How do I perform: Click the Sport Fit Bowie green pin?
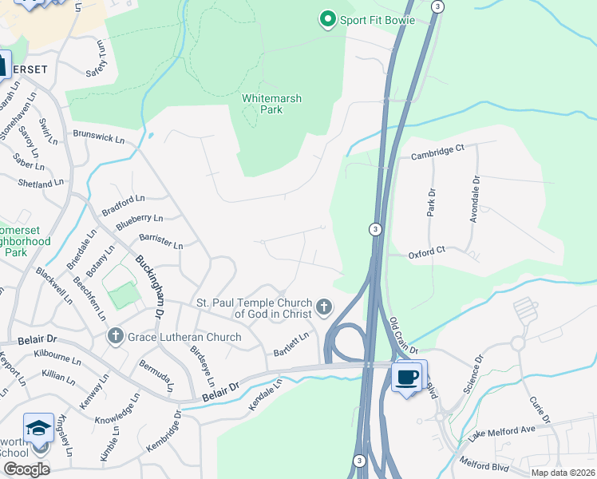(326, 19)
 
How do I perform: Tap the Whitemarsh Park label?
(271, 104)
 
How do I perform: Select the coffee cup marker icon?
(408, 376)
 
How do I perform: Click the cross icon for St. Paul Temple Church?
(323, 306)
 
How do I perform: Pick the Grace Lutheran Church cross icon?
(115, 337)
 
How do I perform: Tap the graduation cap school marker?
(39, 430)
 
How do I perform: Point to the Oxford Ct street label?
(426, 251)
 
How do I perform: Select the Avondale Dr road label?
(474, 199)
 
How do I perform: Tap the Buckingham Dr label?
(149, 285)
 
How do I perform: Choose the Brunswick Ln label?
(99, 137)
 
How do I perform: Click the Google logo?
(26, 469)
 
